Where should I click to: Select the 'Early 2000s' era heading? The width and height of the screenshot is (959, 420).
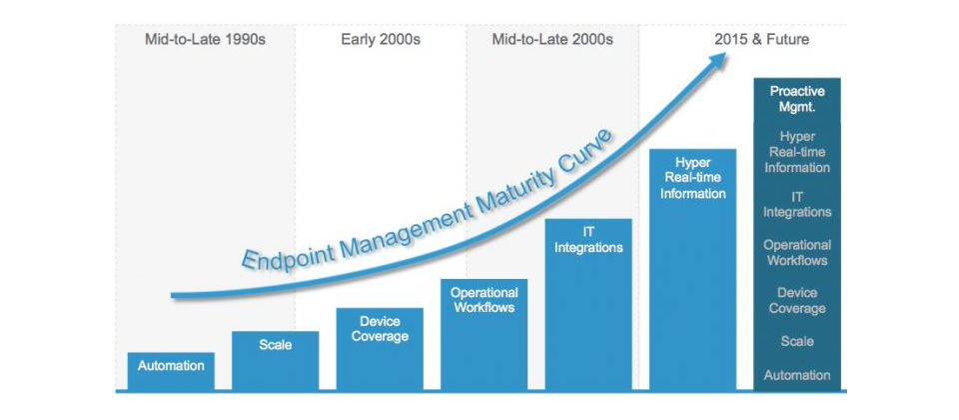pos(381,40)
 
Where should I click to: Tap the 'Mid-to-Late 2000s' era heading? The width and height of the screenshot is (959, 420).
pos(552,40)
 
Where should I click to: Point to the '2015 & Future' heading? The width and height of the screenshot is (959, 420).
pos(761,40)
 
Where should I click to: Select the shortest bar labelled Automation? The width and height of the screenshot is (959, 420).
pos(171,371)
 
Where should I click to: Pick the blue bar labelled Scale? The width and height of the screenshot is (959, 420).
pos(276,361)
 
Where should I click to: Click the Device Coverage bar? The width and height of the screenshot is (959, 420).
pos(380,349)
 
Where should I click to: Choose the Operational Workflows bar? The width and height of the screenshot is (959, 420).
pos(483,335)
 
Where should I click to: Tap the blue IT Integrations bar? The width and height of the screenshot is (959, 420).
pos(588,304)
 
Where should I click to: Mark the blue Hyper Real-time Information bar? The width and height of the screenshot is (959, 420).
pos(692,269)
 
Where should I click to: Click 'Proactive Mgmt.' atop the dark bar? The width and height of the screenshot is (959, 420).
pos(797,99)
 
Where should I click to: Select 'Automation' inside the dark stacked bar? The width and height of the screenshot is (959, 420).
pos(797,375)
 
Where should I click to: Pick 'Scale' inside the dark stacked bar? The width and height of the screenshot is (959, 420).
pos(797,341)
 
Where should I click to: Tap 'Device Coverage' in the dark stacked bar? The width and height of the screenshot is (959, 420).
pos(797,301)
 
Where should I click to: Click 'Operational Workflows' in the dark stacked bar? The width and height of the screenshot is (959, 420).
pos(797,252)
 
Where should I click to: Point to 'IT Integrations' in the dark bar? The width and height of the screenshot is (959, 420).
pos(797,204)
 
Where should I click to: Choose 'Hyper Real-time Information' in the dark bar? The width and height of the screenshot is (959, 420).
pos(797,151)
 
